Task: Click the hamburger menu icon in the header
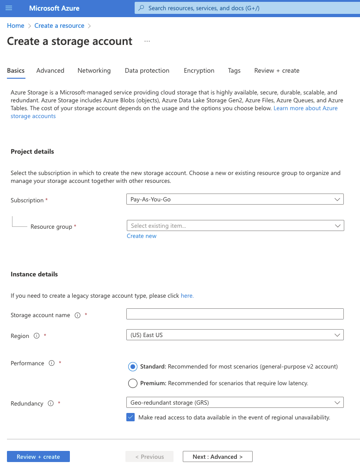pos(9,8)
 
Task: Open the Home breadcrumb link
pos(15,25)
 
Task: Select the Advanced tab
pos(50,70)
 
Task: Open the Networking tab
pos(94,70)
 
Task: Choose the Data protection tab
pos(147,70)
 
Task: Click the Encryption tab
pos(199,70)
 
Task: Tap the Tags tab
pos(234,70)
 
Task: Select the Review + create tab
pos(277,70)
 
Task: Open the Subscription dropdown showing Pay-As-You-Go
pos(235,200)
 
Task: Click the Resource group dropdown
pos(235,225)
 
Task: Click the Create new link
pos(142,236)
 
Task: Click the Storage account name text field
pos(235,314)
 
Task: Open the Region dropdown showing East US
pos(235,335)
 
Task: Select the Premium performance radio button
pos(133,383)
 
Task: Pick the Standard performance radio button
pos(133,367)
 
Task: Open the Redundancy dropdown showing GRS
pos(235,403)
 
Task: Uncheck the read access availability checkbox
pos(130,417)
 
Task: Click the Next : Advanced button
pos(217,456)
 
